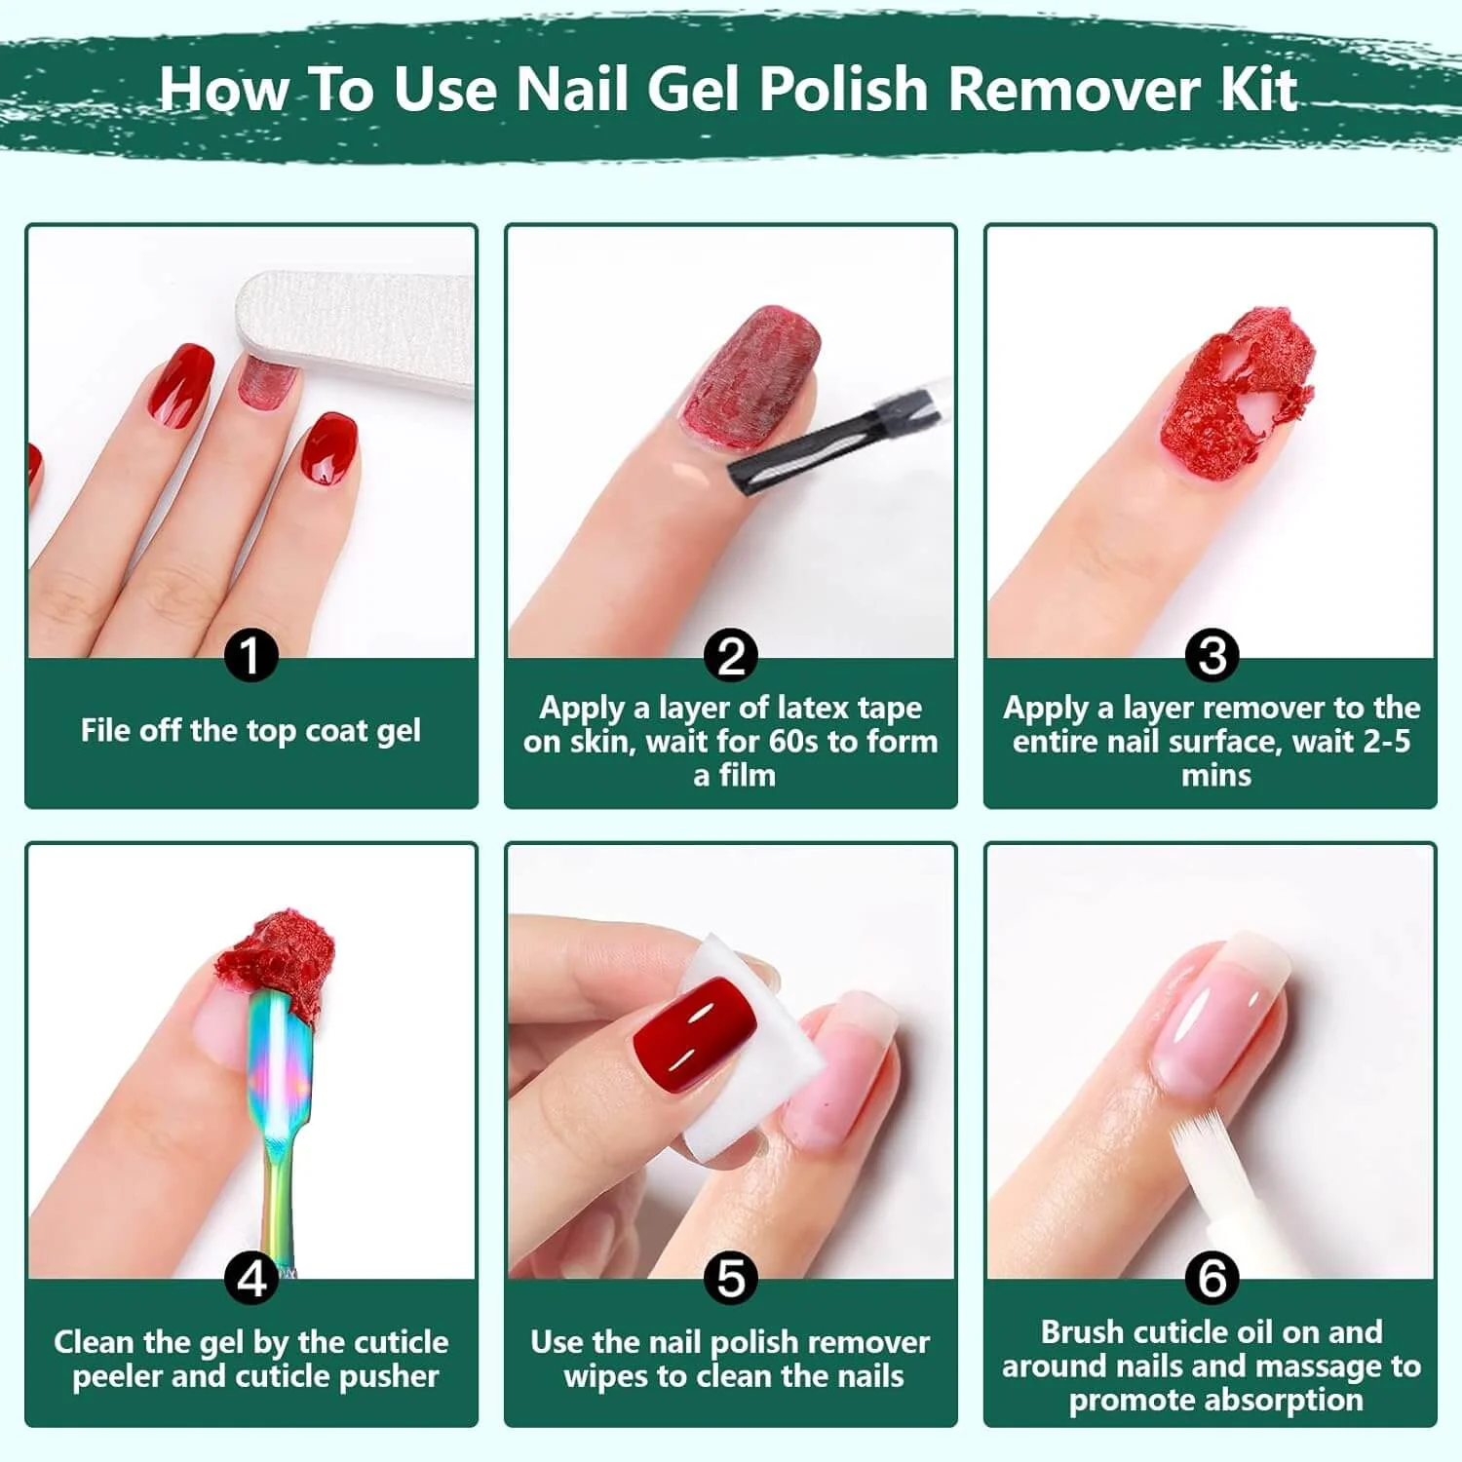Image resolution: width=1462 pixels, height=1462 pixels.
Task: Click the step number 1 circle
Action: point(251,655)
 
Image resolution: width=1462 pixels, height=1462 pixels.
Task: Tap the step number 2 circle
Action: point(731,655)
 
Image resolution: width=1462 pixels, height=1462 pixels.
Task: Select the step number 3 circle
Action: point(1212,655)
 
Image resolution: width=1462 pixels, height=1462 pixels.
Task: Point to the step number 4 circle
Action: point(251,1278)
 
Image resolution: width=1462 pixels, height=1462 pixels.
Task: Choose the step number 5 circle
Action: point(731,1278)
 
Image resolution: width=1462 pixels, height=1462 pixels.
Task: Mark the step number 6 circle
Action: point(1212,1278)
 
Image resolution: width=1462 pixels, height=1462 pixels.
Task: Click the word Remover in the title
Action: point(1076,89)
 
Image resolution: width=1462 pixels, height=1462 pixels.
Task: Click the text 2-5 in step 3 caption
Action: point(1387,742)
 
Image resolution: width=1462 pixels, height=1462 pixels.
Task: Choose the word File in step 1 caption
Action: point(102,730)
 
